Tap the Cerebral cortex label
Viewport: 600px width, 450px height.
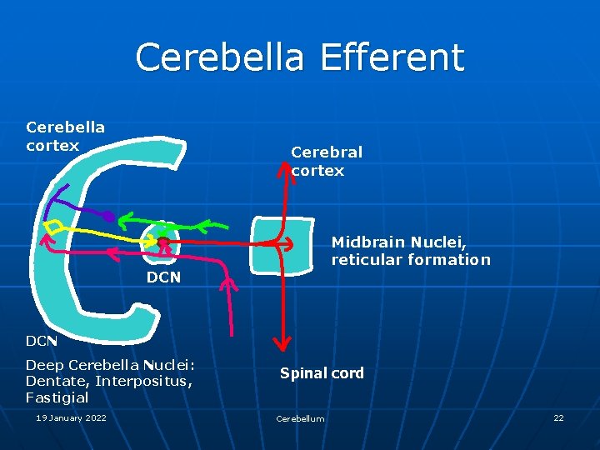tap(326, 162)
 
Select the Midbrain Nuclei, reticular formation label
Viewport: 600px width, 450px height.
tap(411, 251)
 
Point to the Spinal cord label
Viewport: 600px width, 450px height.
tap(322, 372)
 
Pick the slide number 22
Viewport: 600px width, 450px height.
tap(558, 417)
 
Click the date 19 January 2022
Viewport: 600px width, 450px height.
tap(71, 417)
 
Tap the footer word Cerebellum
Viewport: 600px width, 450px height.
tap(300, 418)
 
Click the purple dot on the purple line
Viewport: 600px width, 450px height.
tap(108, 217)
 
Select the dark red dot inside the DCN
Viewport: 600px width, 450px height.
tap(163, 242)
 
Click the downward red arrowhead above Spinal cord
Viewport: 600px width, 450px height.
tap(283, 341)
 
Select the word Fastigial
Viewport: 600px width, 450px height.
tap(57, 397)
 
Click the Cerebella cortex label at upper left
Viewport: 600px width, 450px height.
tap(65, 136)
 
